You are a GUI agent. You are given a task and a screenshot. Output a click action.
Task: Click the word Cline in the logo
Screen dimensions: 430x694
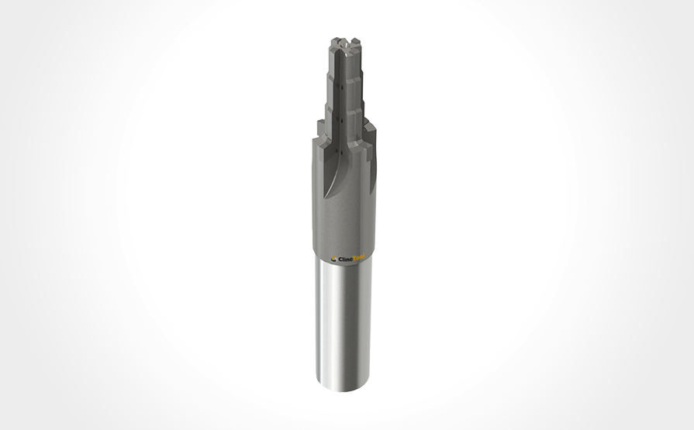tap(347, 260)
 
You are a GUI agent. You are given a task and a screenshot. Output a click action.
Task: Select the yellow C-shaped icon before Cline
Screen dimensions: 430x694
tap(334, 260)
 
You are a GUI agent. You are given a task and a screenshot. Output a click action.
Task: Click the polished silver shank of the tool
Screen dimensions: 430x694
tap(345, 325)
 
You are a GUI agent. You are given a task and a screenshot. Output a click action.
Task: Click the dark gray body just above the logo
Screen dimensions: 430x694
tap(347, 232)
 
